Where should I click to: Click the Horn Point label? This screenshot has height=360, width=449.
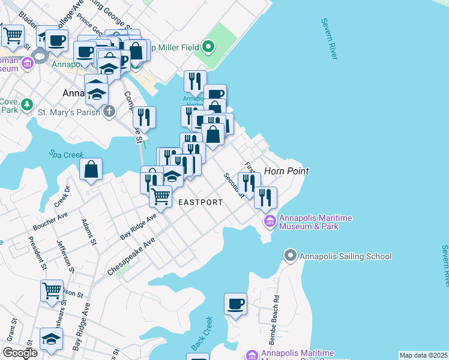point(286,171)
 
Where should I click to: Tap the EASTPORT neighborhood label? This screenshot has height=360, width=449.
point(200,202)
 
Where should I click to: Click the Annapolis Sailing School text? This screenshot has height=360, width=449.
point(345,256)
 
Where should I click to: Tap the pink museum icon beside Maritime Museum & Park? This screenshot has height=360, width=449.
point(270,223)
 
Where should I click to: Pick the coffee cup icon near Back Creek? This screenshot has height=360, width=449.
point(235,303)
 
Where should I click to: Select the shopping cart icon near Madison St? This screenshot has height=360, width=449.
point(52,290)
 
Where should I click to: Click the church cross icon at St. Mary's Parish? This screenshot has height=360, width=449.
point(109,111)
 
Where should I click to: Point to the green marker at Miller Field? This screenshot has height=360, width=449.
point(208,46)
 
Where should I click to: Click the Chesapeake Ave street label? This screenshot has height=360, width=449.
point(131,256)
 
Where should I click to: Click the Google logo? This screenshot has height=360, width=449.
point(20,353)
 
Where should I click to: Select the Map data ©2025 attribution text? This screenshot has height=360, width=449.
point(423,355)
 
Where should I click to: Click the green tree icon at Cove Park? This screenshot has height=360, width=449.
point(26,106)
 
